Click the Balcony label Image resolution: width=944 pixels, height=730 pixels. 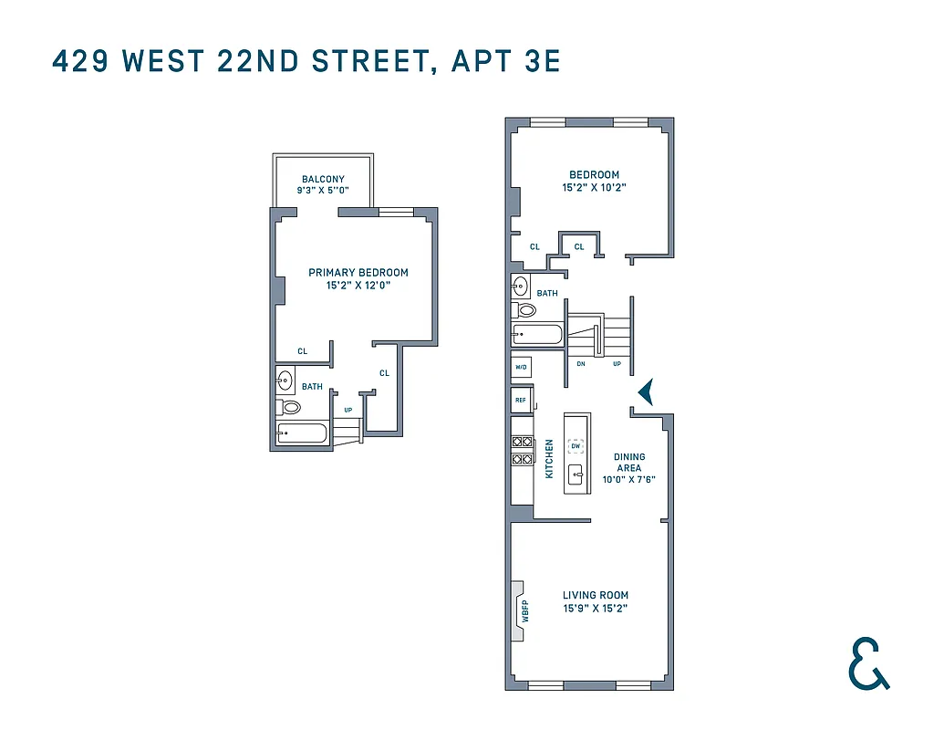pos(323,179)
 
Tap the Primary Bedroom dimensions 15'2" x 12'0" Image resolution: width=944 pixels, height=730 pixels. pos(358,286)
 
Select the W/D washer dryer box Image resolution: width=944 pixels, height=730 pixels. pos(522,368)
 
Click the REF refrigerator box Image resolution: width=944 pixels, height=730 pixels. pos(521,400)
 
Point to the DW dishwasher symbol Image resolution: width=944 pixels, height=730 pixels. pos(576,446)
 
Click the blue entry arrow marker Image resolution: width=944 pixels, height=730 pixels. pos(646,392)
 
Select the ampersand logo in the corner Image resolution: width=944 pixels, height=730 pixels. pos(867,663)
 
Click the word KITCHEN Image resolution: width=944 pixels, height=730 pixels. pos(549,459)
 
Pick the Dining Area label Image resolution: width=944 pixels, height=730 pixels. pos(629,463)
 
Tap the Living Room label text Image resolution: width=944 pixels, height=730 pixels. pos(595,595)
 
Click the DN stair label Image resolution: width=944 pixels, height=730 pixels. pos(580,363)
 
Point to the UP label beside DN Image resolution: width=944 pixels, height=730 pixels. pos(617,363)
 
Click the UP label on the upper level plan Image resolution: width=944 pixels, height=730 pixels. pos(348,410)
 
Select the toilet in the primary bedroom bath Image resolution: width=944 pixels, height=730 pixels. pos(291,407)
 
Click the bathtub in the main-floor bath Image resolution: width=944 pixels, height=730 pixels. pos(538,335)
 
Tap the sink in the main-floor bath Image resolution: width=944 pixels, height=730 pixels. pos(521,286)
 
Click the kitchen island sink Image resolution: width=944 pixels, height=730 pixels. pos(576,474)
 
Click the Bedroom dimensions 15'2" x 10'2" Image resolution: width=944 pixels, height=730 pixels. pos(594,187)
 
